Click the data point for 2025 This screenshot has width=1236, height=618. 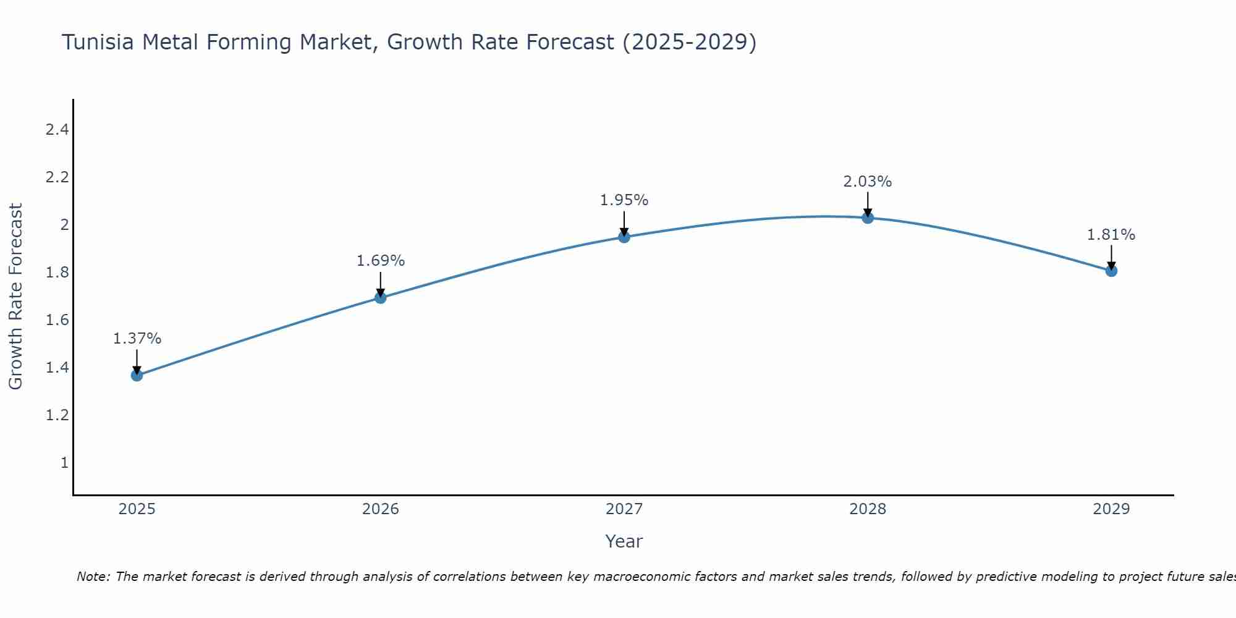coord(137,375)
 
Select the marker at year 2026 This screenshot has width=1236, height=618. coord(380,298)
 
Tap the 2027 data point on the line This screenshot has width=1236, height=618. coord(624,237)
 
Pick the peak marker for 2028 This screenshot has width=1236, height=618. coord(868,218)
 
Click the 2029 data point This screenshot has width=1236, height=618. coord(1111,271)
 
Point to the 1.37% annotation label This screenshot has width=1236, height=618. coord(137,339)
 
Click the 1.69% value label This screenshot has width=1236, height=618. coord(380,261)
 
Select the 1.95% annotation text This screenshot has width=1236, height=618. coord(624,200)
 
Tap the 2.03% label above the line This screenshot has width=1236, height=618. coord(868,182)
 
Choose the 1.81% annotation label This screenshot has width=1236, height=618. coord(1111,235)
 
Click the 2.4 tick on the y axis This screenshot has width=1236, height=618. coord(57,130)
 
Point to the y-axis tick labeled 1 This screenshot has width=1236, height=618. coord(64,462)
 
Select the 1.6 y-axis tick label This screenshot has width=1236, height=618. coord(57,320)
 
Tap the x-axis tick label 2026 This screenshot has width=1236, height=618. coord(380,509)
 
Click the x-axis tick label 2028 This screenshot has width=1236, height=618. coord(868,509)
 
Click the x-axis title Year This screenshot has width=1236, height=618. coord(624,541)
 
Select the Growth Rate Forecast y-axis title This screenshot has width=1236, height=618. coord(16,296)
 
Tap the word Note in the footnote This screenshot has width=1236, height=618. coord(93,577)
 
